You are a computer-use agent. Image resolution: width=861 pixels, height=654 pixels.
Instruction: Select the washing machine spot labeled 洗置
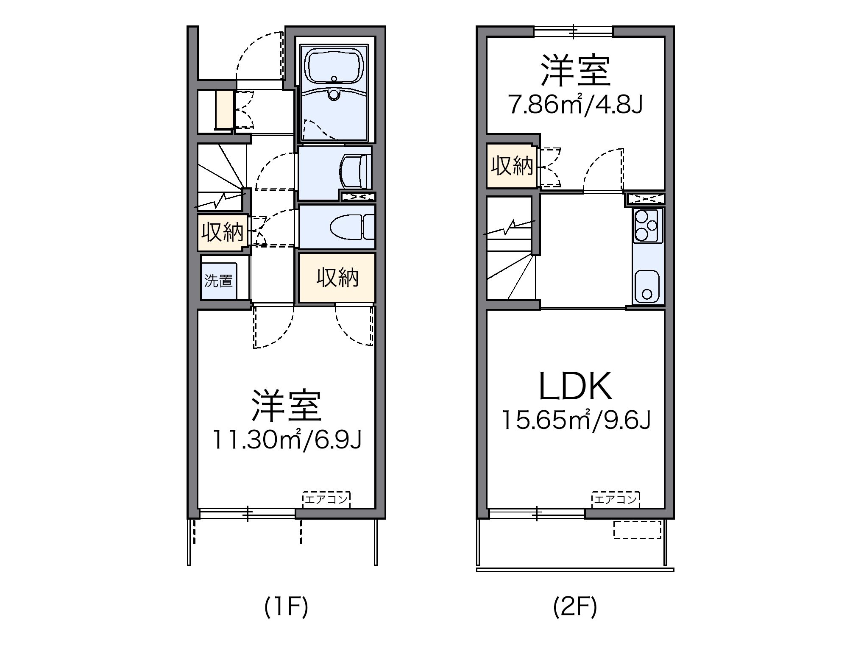click(x=219, y=281)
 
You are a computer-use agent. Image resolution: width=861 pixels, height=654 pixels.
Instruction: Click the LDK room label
click(x=575, y=386)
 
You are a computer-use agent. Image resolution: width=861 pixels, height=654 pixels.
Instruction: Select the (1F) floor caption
click(x=286, y=608)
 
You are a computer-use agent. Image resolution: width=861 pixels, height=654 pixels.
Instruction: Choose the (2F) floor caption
click(x=575, y=608)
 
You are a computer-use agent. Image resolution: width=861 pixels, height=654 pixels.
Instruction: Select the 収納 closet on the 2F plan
click(x=512, y=166)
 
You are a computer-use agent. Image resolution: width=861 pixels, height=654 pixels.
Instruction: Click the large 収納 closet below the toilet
click(x=337, y=278)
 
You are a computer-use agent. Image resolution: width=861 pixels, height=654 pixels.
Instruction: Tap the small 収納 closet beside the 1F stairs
click(x=222, y=233)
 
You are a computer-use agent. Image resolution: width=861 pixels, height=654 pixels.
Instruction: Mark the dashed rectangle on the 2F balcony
click(x=637, y=530)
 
